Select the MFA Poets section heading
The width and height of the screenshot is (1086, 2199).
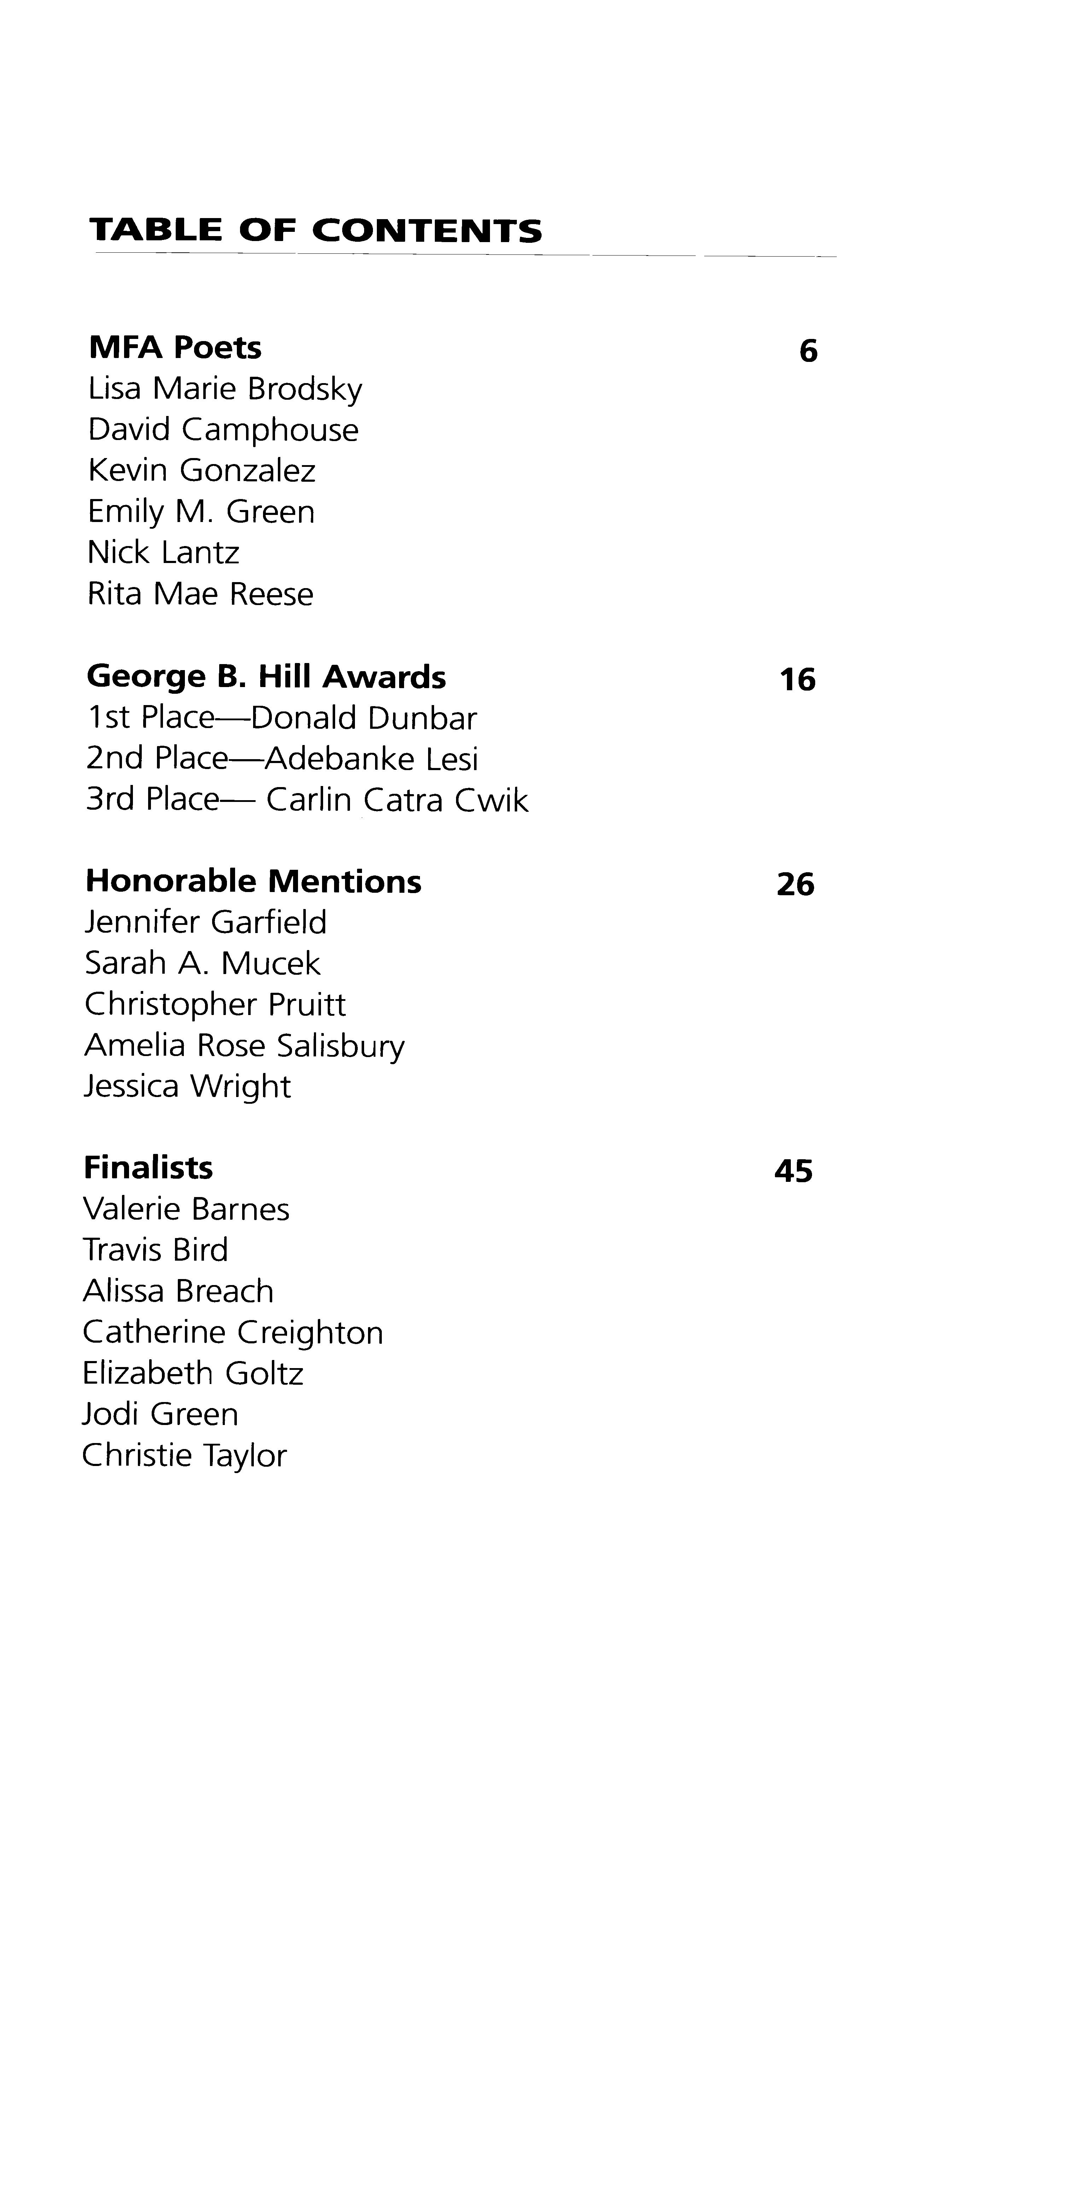(x=175, y=347)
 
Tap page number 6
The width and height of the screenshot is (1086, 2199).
(x=808, y=351)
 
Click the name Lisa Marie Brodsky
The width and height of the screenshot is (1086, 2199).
(x=226, y=389)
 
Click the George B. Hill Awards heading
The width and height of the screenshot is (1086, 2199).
(x=267, y=677)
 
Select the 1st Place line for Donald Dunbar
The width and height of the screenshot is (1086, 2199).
(x=282, y=718)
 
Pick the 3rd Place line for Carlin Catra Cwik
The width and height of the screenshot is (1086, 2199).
(x=307, y=800)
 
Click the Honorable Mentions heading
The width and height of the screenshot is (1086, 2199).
(x=253, y=881)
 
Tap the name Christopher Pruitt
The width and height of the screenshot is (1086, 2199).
(x=215, y=1005)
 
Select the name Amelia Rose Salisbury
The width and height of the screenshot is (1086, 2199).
(x=244, y=1046)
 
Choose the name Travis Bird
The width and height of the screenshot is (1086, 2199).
(x=156, y=1250)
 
